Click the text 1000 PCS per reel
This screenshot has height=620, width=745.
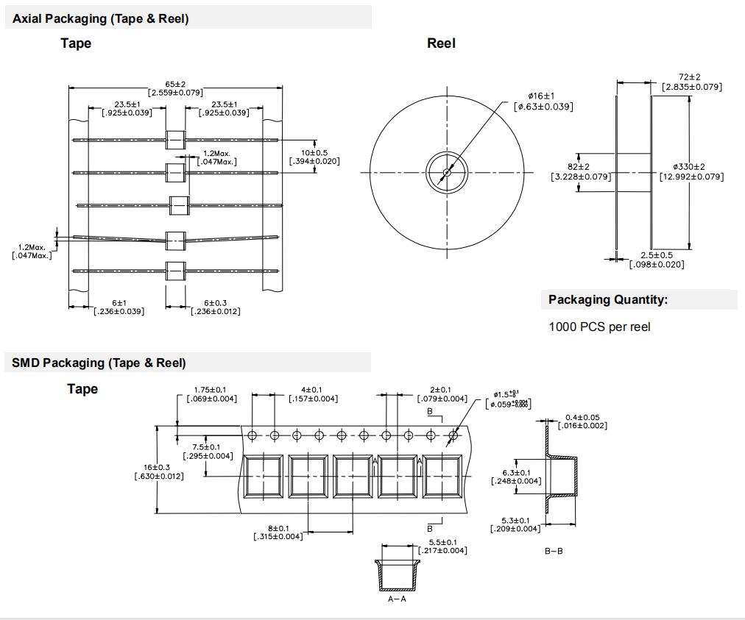pos(599,327)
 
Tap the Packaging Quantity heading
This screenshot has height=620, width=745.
pos(608,299)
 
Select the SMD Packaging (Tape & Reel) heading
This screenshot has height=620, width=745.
pos(99,363)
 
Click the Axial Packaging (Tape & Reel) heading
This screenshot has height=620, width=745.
pos(100,19)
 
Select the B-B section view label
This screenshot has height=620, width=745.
pos(554,551)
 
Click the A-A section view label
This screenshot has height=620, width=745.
pos(397,599)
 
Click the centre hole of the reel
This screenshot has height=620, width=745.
pos(446,173)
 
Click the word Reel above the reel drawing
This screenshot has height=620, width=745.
pos(441,43)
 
